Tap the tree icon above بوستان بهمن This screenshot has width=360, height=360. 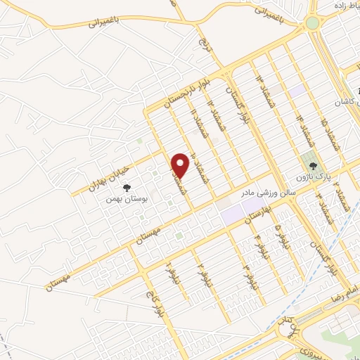click(127, 188)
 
